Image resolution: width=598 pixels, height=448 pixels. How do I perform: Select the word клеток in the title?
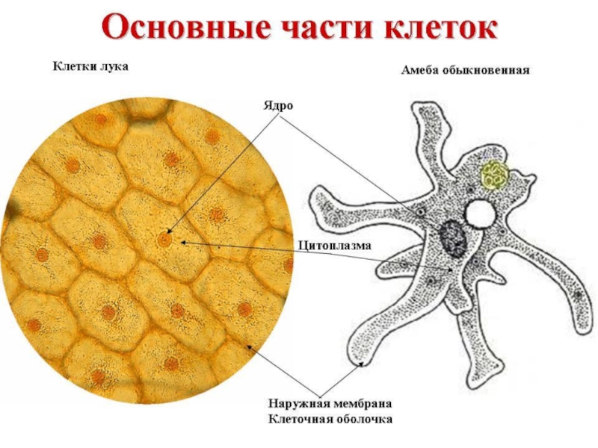click(440, 28)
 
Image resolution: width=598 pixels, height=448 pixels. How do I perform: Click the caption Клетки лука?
click(90, 67)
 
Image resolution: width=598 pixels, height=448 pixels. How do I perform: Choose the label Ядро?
click(277, 105)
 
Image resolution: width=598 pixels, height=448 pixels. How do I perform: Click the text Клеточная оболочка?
click(330, 420)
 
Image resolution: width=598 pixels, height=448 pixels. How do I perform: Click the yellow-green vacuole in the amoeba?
click(495, 175)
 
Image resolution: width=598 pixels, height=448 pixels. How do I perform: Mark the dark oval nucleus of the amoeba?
click(453, 238)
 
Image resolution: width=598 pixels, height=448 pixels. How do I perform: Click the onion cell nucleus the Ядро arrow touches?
click(163, 240)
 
